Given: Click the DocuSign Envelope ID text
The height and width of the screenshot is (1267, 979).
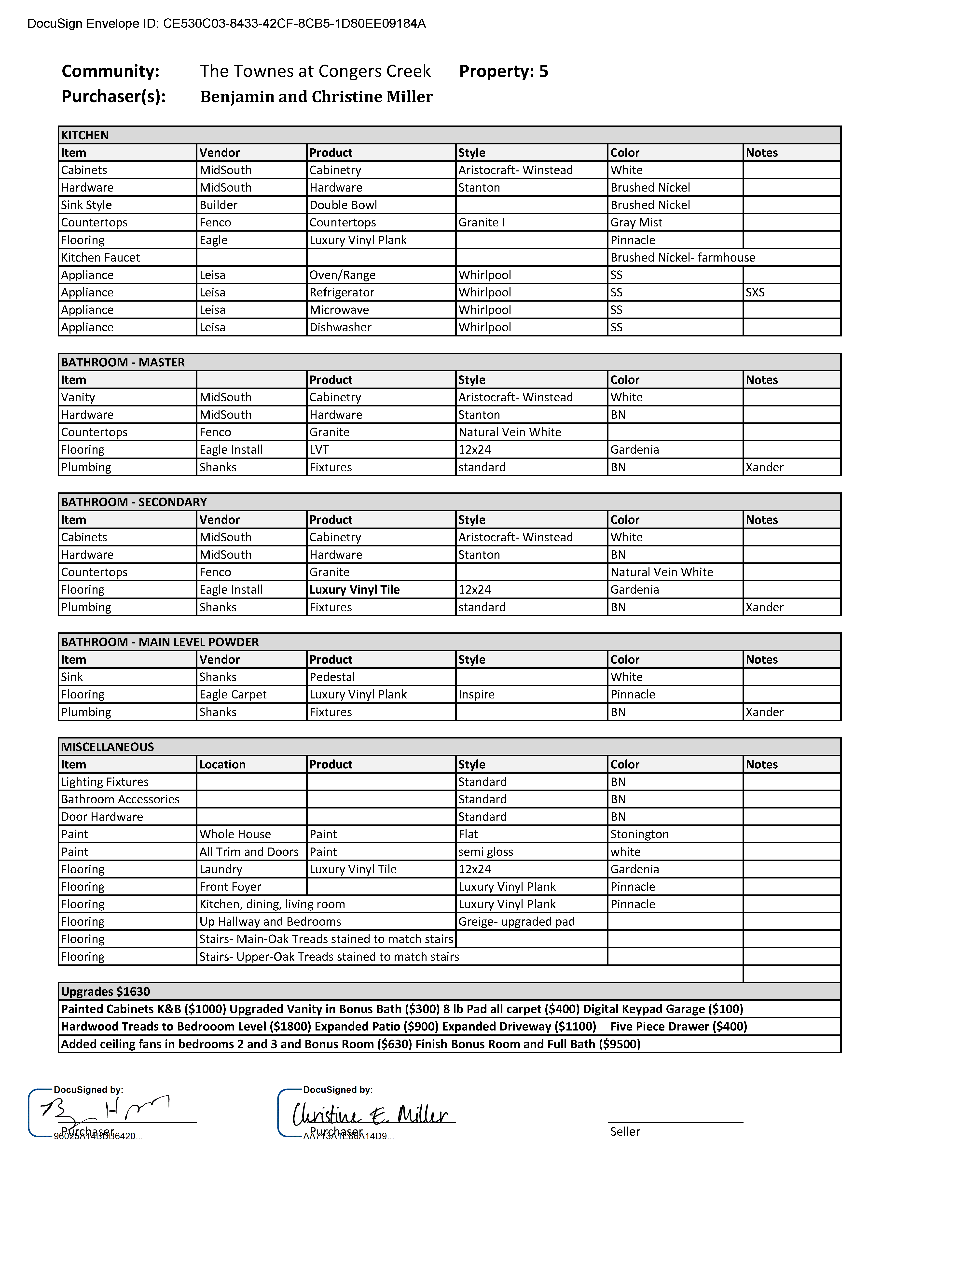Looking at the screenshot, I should pyautogui.click(x=226, y=24).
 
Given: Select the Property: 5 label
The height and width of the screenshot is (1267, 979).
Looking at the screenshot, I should pyautogui.click(x=503, y=71).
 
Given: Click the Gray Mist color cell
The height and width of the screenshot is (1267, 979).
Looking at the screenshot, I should pyautogui.click(x=636, y=223).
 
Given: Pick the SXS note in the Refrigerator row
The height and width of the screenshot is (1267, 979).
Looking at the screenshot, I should pyautogui.click(x=755, y=292).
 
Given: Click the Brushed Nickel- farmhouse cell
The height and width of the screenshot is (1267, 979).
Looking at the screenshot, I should pyautogui.click(x=683, y=258).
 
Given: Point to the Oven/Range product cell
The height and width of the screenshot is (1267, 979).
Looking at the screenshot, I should pyautogui.click(x=342, y=275).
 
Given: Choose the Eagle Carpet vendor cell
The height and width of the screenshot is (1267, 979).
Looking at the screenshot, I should pyautogui.click(x=233, y=695).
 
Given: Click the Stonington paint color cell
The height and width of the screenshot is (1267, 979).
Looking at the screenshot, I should pyautogui.click(x=639, y=834).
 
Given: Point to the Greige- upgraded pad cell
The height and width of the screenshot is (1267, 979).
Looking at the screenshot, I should pyautogui.click(x=516, y=922).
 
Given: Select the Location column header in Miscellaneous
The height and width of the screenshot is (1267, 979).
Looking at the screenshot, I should pyautogui.click(x=222, y=765).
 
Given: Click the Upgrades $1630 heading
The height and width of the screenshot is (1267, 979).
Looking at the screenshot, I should pyautogui.click(x=106, y=991).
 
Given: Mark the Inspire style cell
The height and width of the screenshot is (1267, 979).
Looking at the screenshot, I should pyautogui.click(x=476, y=695).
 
